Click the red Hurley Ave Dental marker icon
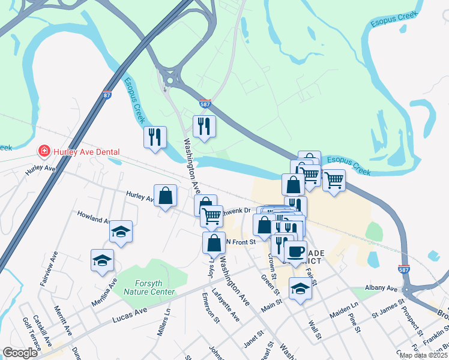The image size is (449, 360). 43,151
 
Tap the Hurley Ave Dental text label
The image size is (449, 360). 86,152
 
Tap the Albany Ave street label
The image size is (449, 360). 384,289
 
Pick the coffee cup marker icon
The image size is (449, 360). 295,251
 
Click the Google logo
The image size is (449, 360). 20,353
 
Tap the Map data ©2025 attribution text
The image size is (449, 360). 423,355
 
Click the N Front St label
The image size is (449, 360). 241,242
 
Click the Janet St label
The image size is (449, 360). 253,339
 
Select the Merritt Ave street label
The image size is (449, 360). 62,321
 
